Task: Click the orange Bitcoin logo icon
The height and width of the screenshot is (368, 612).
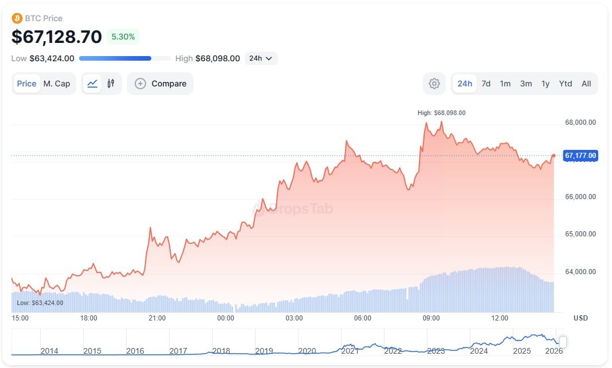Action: point(17,18)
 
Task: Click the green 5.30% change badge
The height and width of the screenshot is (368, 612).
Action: point(123,37)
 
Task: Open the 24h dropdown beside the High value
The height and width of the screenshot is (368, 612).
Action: point(261,58)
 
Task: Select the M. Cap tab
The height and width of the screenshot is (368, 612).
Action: point(57,84)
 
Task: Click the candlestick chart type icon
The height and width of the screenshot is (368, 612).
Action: point(111,84)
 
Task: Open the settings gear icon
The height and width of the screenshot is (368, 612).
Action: point(434,84)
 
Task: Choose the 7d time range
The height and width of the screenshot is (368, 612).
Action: point(486,84)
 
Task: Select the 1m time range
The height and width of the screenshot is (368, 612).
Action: point(505,84)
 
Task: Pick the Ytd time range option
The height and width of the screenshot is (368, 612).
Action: point(566,84)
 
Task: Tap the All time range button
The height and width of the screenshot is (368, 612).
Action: point(586,84)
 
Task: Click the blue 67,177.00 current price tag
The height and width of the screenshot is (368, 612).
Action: point(580,156)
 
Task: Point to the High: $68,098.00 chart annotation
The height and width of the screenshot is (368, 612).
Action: point(441,113)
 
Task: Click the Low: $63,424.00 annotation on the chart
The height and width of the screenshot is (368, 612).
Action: point(40,303)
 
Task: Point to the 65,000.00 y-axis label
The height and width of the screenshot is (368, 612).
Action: point(580,234)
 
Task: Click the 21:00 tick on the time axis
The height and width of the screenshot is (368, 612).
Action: point(157,318)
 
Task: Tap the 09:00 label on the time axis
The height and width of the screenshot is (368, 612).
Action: point(431,318)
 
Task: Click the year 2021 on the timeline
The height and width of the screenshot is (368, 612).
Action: point(350,351)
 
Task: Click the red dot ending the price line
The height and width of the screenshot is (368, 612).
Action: point(554,156)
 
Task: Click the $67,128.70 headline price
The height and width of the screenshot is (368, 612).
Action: point(57,37)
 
